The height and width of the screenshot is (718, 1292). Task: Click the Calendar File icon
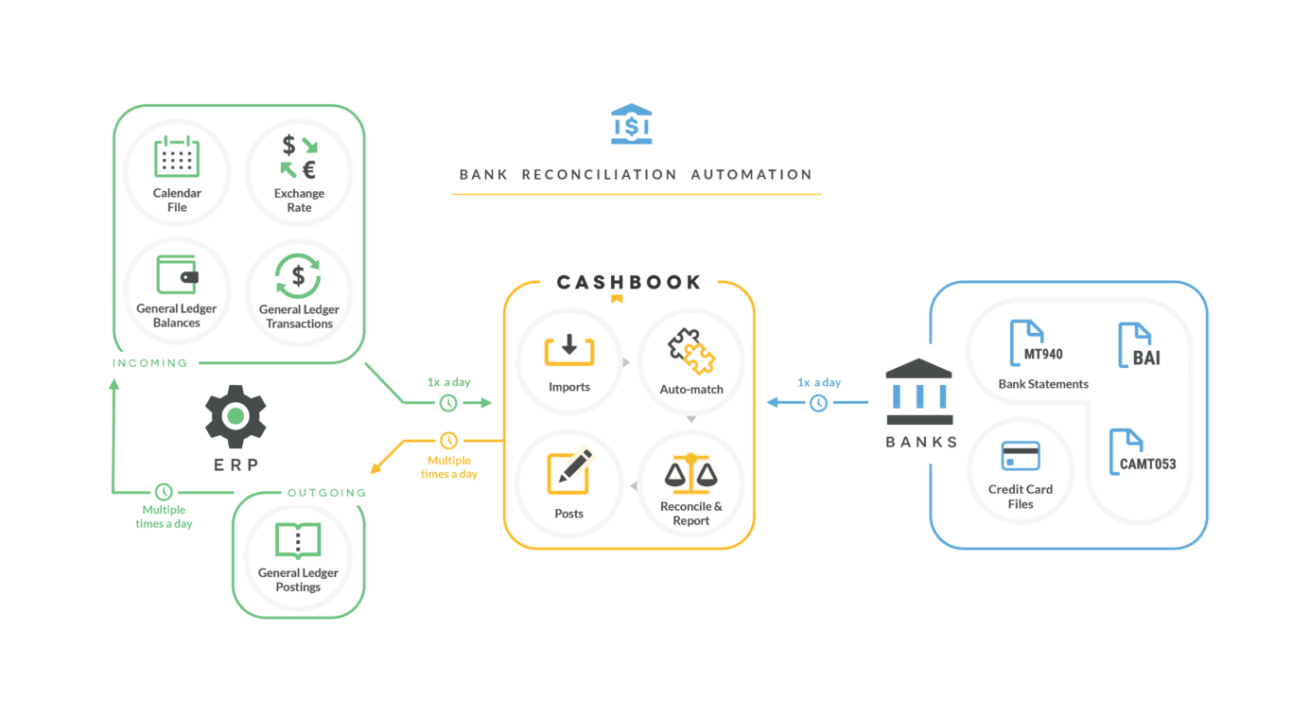pyautogui.click(x=177, y=157)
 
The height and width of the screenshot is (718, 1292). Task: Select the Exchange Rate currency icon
pyautogui.click(x=299, y=157)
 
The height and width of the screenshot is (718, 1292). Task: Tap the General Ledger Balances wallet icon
pyautogui.click(x=177, y=275)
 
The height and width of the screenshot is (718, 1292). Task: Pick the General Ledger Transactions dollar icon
pyautogui.click(x=299, y=276)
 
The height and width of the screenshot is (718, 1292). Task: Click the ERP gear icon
pyautogui.click(x=236, y=416)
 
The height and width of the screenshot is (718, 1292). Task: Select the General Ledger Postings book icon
pyautogui.click(x=298, y=541)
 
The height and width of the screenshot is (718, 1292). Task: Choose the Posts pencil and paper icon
pyautogui.click(x=569, y=471)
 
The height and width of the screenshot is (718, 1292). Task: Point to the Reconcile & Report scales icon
pyautogui.click(x=691, y=473)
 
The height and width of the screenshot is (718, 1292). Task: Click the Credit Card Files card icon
pyautogui.click(x=1021, y=456)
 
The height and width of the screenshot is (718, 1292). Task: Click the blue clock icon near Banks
pyautogui.click(x=818, y=403)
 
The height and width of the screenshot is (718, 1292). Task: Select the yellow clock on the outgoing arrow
pyautogui.click(x=448, y=441)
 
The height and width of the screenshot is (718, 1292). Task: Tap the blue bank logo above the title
pyautogui.click(x=631, y=124)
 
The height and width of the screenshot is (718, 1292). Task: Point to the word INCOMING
pyautogui.click(x=150, y=363)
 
